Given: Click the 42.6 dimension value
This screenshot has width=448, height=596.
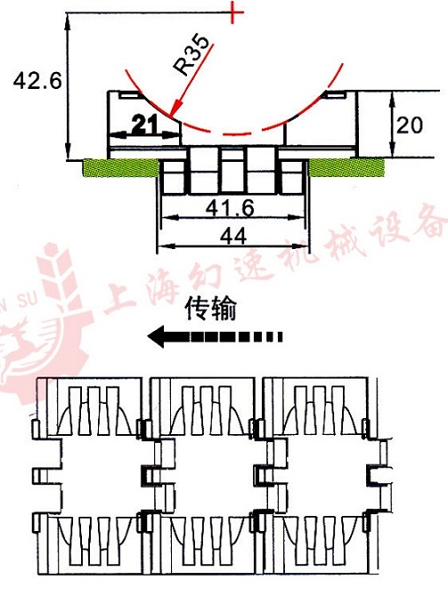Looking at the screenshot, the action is [x=37, y=81].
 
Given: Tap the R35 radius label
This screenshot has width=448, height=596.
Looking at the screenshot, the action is [x=191, y=55].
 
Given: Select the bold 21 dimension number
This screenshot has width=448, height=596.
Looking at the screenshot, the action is [x=144, y=125].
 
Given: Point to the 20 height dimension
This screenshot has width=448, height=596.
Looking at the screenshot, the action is [x=409, y=125].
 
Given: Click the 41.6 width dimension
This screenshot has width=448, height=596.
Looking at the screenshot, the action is [x=230, y=208].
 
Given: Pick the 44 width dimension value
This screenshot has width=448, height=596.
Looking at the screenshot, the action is [x=233, y=237].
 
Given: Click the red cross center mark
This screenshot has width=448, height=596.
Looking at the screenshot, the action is [x=233, y=12].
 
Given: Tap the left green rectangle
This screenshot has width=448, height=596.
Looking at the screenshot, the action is [x=120, y=167].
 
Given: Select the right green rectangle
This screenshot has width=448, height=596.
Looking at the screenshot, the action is [x=346, y=167].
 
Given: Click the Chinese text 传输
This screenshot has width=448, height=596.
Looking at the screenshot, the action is [x=211, y=309].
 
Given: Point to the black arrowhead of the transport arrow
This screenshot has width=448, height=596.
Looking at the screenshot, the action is [x=156, y=336].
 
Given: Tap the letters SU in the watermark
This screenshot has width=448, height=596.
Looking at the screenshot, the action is [x=27, y=301].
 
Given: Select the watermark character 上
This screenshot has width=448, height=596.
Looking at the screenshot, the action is [x=120, y=294].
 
